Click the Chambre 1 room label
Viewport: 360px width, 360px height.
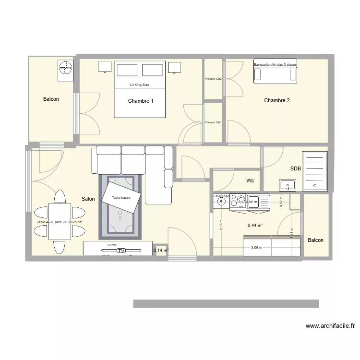[141, 101]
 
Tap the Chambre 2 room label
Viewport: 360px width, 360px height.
[277, 100]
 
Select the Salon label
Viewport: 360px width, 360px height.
[88, 199]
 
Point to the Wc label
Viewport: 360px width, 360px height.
[250, 180]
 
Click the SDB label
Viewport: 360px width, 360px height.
[295, 168]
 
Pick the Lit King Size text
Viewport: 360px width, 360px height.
[140, 84]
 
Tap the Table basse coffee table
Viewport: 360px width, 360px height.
[122, 197]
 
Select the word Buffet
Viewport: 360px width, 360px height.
[112, 244]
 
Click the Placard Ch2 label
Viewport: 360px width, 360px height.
[213, 79]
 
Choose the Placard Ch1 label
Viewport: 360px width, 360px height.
[213, 122]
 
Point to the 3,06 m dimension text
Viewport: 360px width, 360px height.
[257, 248]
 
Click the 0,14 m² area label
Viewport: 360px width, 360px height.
[161, 250]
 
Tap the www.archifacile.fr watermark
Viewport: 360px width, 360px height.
[331, 325]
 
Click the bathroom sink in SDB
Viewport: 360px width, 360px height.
[288, 184]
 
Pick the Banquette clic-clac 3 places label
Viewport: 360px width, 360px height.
[276, 64]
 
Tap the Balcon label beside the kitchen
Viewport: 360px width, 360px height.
[315, 240]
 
